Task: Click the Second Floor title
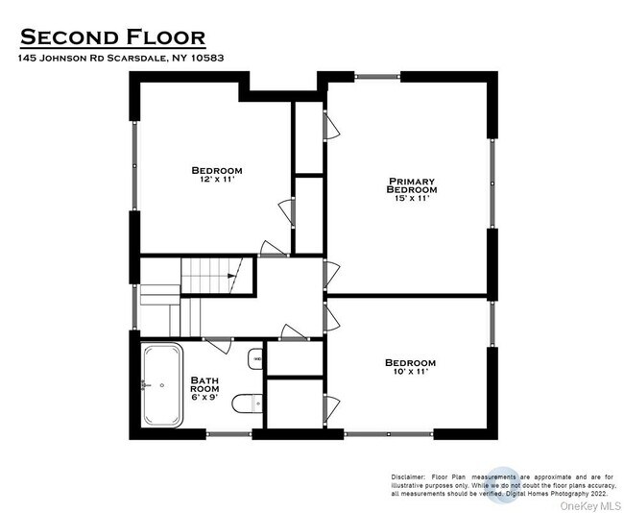click(x=112, y=37)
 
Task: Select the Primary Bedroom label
click(x=412, y=185)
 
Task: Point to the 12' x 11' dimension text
click(x=217, y=180)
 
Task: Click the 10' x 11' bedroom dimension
click(x=410, y=371)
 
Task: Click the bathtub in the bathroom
click(x=161, y=386)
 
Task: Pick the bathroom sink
click(x=255, y=360)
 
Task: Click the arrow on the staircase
click(x=231, y=277)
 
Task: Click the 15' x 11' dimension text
click(x=412, y=199)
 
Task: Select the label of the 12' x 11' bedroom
click(x=217, y=170)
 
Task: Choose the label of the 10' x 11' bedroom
click(x=410, y=362)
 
